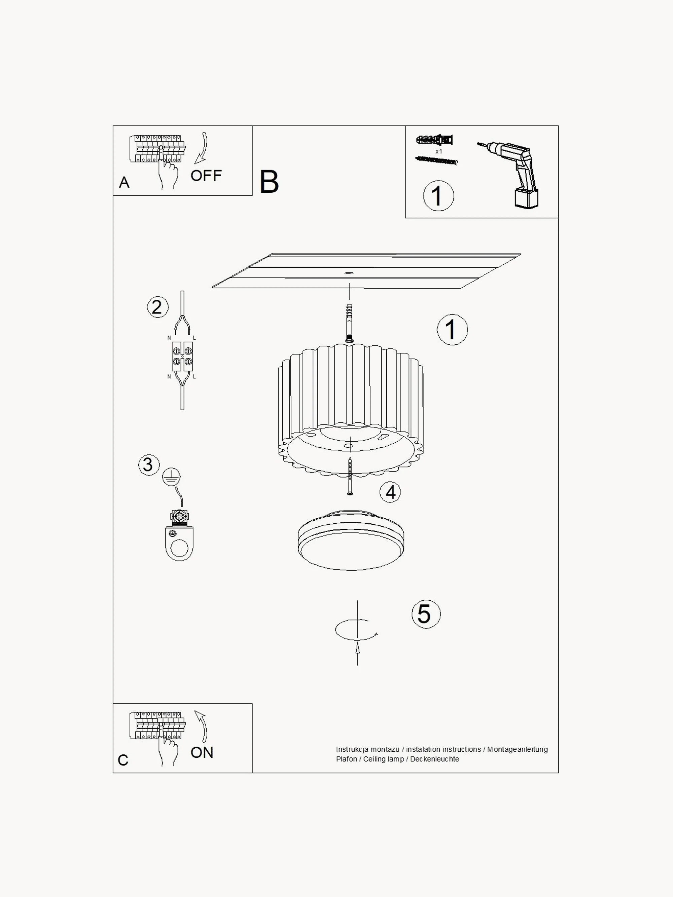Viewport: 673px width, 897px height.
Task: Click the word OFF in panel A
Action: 206,176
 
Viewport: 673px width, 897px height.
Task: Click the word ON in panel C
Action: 202,753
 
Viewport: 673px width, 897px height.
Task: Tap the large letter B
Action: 269,182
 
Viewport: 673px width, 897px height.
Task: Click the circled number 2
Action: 157,307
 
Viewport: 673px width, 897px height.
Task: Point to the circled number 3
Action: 148,465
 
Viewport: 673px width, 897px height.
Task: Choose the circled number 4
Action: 390,492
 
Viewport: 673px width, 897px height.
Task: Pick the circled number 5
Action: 426,614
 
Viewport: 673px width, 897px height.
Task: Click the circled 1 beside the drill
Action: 438,195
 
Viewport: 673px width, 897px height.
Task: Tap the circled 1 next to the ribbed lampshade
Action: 452,330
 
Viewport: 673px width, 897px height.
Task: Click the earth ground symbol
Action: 171,477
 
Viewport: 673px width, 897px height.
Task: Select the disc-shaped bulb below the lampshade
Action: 351,540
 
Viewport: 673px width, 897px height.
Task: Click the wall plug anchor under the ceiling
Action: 349,323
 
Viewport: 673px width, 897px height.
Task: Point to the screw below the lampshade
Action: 350,476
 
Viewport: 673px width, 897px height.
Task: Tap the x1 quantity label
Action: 438,151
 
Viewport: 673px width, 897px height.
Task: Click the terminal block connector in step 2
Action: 182,357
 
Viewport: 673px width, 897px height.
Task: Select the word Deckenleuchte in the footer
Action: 434,759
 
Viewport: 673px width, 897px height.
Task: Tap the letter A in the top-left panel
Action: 124,183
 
